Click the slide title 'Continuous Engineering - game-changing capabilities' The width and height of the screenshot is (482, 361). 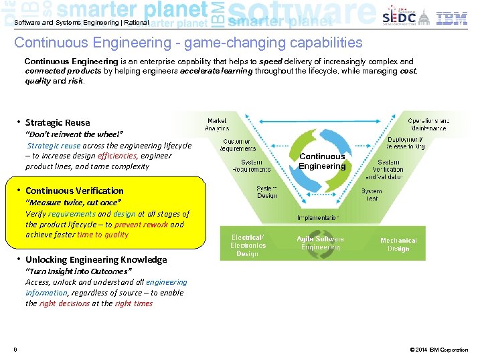pos(188,43)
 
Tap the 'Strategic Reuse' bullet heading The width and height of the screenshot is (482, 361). pos(57,122)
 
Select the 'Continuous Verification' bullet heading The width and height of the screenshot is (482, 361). pos(74,191)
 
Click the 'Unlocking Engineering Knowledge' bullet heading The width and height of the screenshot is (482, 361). pos(96,259)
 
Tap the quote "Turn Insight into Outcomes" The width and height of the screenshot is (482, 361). pos(79,271)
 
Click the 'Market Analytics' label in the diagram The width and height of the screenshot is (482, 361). pos(217,124)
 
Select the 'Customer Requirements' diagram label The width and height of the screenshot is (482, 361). pos(236,145)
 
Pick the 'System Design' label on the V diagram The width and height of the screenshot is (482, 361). pos(266,192)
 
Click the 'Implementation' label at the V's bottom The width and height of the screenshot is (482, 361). pos(318,217)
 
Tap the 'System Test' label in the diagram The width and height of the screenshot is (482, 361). pos(372,195)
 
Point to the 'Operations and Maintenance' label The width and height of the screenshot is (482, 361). pos(428,124)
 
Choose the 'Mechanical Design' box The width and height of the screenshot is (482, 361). pos(398,245)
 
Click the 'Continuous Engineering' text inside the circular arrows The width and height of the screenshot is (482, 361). pos(322,161)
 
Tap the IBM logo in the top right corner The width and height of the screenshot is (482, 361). pos(452,18)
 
